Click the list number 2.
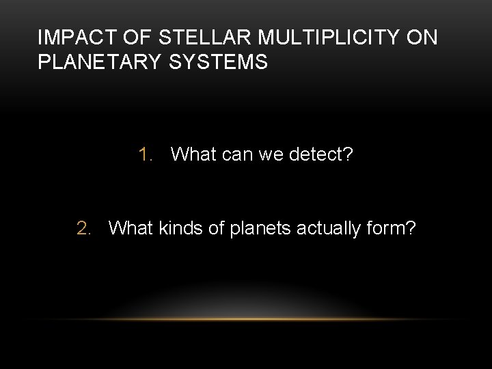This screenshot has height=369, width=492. pyautogui.click(x=83, y=227)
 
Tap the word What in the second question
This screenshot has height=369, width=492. pyautogui.click(x=131, y=227)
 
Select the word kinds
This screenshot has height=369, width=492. pyautogui.click(x=182, y=227)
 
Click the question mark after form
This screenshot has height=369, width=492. pyautogui.click(x=410, y=227)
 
